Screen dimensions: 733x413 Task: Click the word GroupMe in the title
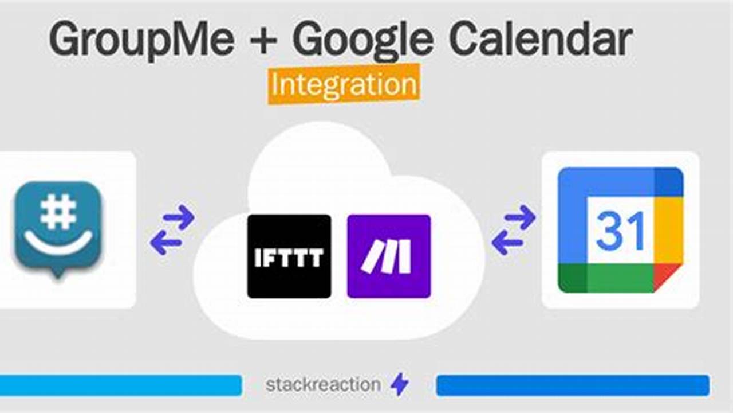tap(142, 40)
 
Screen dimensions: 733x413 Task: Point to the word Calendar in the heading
tap(541, 38)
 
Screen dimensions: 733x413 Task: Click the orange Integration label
tap(344, 84)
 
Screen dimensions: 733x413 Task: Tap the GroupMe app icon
tap(58, 229)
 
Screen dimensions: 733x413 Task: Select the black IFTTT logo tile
tap(289, 256)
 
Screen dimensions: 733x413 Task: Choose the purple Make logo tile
tap(389, 256)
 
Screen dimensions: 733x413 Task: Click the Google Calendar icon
tap(620, 230)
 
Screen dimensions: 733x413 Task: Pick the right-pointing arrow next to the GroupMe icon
tap(179, 217)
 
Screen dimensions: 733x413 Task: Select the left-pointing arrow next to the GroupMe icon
tap(165, 243)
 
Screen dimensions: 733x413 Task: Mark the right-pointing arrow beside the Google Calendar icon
tap(521, 217)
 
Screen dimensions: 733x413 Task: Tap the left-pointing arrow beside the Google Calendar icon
tap(507, 243)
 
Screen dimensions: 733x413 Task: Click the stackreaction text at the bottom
tap(323, 384)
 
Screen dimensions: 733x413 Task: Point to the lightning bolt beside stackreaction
tap(400, 384)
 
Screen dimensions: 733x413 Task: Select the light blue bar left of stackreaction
tap(120, 385)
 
